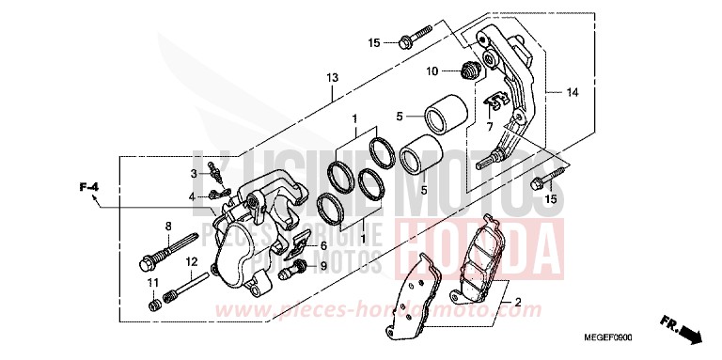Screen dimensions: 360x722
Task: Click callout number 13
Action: [x=332, y=77]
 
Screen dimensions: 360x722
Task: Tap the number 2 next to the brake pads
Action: [x=518, y=303]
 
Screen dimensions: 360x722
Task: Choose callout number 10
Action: [x=432, y=71]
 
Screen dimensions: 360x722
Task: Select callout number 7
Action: [x=489, y=125]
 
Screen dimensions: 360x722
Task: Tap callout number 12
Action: [x=190, y=261]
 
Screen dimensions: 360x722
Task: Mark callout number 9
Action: [x=324, y=266]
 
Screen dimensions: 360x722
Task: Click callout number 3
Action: [x=193, y=174]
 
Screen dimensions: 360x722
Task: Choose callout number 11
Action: [x=150, y=284]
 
